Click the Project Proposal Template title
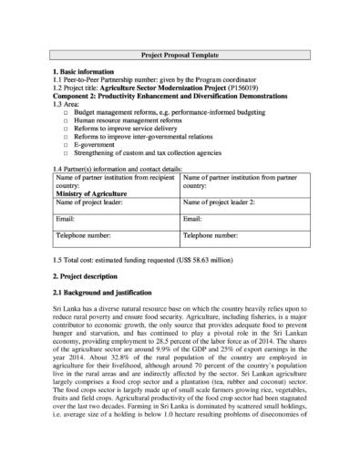(180, 55)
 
